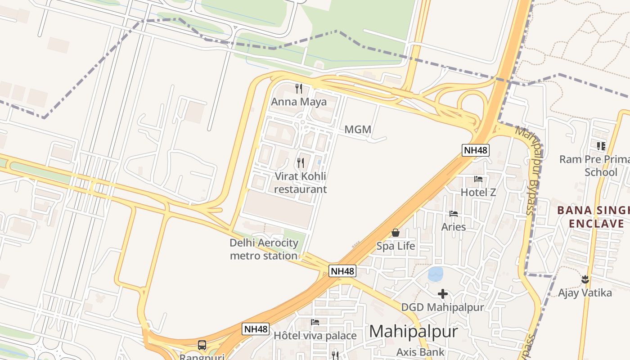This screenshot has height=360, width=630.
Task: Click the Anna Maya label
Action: [x=299, y=102]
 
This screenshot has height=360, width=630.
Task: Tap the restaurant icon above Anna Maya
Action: [x=298, y=88]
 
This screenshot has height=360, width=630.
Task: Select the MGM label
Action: [x=358, y=130]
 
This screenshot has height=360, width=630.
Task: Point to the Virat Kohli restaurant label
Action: [x=300, y=182]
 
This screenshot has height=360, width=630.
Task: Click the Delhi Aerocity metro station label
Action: [x=264, y=249]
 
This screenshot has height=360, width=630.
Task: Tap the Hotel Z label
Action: [x=478, y=192]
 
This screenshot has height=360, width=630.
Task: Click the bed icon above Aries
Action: [x=454, y=213]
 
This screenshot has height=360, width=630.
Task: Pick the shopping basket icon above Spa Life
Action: [x=396, y=232]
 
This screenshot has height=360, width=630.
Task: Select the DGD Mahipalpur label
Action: [x=442, y=307]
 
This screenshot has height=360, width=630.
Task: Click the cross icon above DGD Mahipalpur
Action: [x=443, y=294]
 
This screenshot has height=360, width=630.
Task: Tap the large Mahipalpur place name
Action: [x=414, y=332]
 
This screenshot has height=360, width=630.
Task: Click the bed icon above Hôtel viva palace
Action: [x=315, y=322]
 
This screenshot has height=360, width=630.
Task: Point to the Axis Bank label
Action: [x=420, y=352]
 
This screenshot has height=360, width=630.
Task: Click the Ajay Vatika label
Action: [x=585, y=293]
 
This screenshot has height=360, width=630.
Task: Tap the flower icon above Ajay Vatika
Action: [x=585, y=279]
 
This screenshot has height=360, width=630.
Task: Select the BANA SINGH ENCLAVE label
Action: [x=593, y=217]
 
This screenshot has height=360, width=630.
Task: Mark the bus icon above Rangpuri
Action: [x=202, y=345]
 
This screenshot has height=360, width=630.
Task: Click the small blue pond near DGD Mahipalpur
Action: [x=435, y=274]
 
